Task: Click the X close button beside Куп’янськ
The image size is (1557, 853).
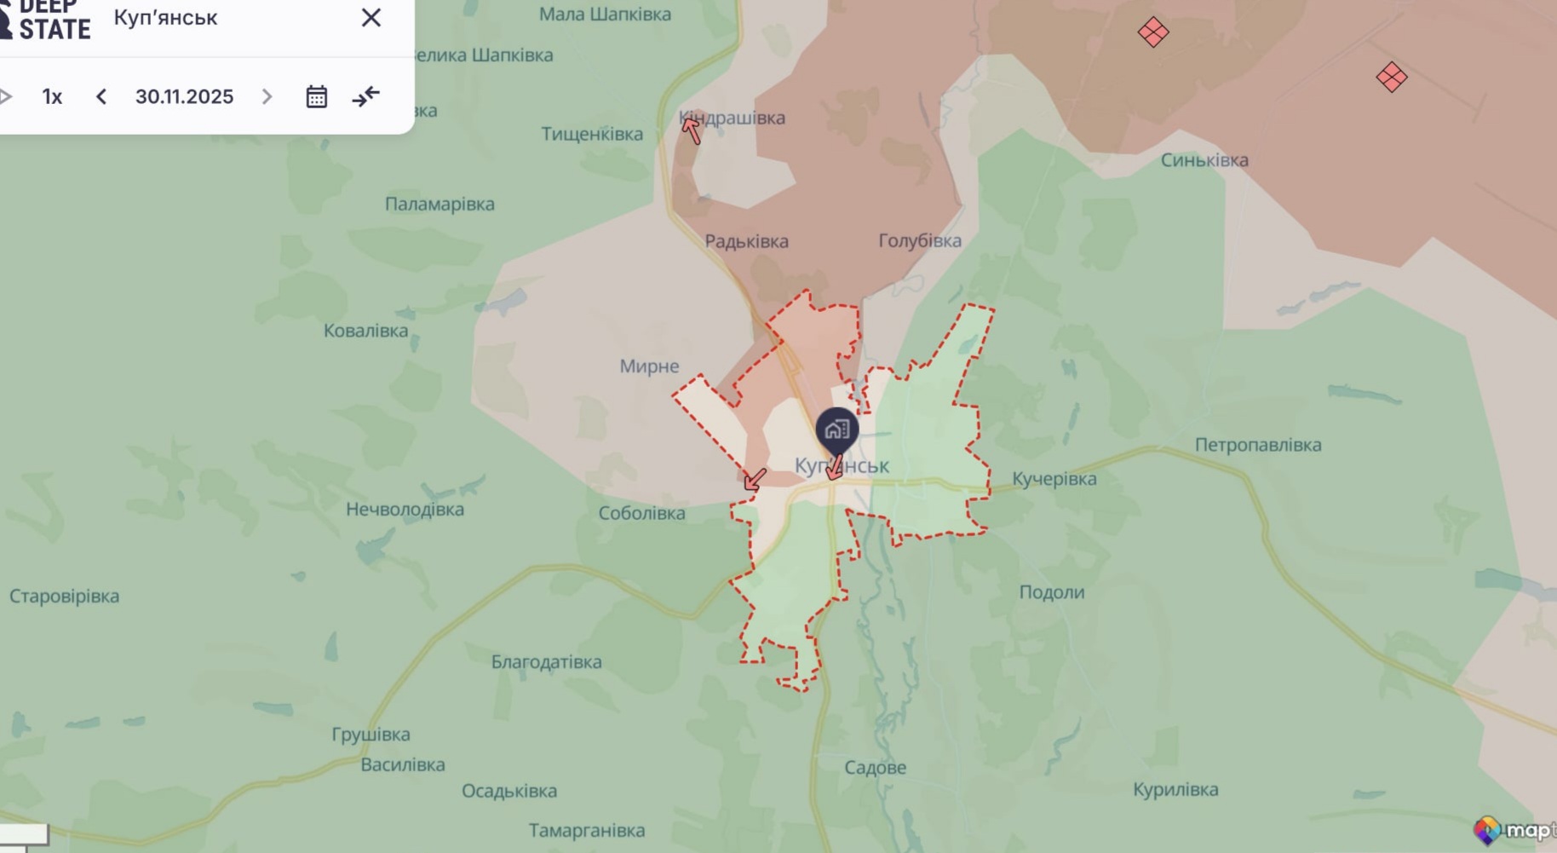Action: (371, 18)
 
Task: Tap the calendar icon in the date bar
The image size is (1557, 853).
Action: (316, 96)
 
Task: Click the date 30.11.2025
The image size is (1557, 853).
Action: (184, 96)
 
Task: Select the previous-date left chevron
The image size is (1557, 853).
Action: (101, 96)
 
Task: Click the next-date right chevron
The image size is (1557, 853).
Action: (267, 96)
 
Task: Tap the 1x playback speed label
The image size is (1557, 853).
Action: (52, 96)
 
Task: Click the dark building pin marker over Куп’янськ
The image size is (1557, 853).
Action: (836, 429)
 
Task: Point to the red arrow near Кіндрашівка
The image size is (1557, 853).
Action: (691, 130)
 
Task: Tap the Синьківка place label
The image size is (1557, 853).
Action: (1204, 160)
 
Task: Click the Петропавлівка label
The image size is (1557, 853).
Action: (1258, 445)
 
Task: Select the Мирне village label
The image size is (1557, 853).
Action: (649, 366)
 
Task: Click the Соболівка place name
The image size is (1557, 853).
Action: (641, 513)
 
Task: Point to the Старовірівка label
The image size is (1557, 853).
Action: (64, 597)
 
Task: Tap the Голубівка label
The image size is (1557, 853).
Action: (920, 241)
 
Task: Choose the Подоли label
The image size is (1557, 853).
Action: (1052, 592)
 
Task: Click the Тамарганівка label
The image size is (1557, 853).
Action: (586, 830)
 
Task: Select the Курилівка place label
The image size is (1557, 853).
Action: (1175, 789)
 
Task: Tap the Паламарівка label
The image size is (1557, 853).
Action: (440, 205)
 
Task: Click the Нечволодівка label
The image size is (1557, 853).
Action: (405, 510)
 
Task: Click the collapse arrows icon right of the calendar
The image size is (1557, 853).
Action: (366, 96)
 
